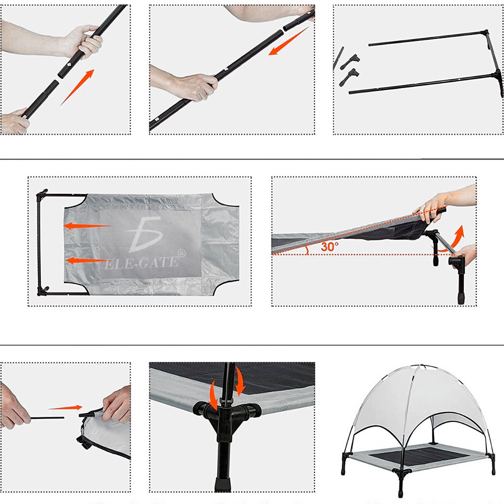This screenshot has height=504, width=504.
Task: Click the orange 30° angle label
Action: pyautogui.click(x=330, y=246)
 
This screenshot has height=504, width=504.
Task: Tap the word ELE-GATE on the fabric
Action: pyautogui.click(x=142, y=263)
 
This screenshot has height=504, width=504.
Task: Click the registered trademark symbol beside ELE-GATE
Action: pyautogui.click(x=181, y=253)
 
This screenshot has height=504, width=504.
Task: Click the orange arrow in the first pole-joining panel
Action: pyautogui.click(x=78, y=87)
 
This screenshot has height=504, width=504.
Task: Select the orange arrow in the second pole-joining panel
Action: pyautogui.click(x=288, y=41)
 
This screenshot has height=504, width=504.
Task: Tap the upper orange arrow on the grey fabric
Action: pyautogui.click(x=88, y=226)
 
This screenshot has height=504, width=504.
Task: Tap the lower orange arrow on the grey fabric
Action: pyautogui.click(x=86, y=261)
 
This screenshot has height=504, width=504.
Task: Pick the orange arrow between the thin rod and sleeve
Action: pyautogui.click(x=66, y=408)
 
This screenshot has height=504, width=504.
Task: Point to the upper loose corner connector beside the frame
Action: pyautogui.click(x=350, y=61)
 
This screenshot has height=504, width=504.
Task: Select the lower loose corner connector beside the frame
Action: pyautogui.click(x=349, y=77)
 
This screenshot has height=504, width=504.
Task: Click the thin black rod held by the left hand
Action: pyautogui.click(x=47, y=418)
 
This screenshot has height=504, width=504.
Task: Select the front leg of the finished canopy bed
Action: pyautogui.click(x=401, y=484)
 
